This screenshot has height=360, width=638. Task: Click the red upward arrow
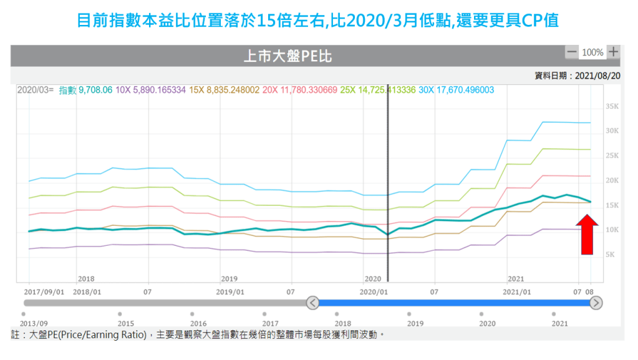point(587,234)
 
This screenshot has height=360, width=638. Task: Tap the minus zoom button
point(571,52)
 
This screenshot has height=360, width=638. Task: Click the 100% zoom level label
point(592,52)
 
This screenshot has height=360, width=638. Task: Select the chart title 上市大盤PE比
point(288,57)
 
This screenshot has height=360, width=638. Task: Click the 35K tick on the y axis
point(611,107)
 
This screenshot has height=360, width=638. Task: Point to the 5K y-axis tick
point(610,255)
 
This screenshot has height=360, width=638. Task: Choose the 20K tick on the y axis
point(611,180)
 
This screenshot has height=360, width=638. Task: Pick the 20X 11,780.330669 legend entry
point(299,90)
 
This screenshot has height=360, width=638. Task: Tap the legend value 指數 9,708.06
point(85,90)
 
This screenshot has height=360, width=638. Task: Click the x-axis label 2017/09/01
point(44,291)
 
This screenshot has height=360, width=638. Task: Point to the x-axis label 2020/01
point(374,291)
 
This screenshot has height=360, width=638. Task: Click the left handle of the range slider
point(313,303)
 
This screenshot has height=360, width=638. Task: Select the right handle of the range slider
point(596,303)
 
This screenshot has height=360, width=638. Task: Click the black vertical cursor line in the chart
point(388,187)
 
